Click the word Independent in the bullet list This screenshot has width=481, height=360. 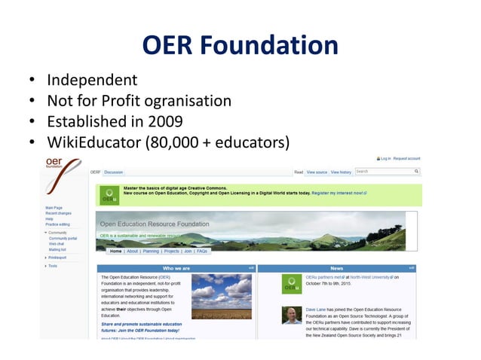pos(92,80)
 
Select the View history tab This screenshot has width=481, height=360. pos(341,172)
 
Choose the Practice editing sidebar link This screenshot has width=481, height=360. pos(58,224)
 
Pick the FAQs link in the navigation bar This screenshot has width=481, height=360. pos(203,251)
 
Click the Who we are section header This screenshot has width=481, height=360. pos(176,268)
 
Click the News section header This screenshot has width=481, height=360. pos(337,268)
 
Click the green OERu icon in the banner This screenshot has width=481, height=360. pos(109,196)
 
